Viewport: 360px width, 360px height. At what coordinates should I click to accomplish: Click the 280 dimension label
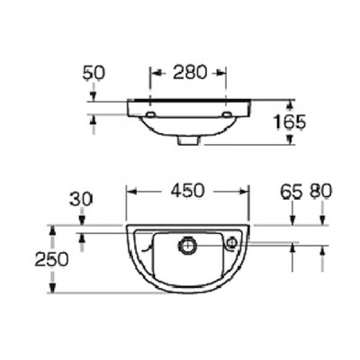coord(190,73)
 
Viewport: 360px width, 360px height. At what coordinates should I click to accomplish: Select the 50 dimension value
coord(94,73)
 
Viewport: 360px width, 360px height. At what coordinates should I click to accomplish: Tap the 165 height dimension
coord(290,122)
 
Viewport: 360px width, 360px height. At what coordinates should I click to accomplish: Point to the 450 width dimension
coord(187,191)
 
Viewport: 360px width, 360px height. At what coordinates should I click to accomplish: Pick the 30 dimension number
coord(81,199)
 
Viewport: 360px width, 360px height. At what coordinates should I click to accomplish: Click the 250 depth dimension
coord(51,259)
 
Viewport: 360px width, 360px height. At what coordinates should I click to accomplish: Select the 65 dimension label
coord(292,192)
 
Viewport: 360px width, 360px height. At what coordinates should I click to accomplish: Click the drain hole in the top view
coord(186,245)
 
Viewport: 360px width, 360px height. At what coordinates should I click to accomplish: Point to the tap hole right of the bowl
coord(231,243)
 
